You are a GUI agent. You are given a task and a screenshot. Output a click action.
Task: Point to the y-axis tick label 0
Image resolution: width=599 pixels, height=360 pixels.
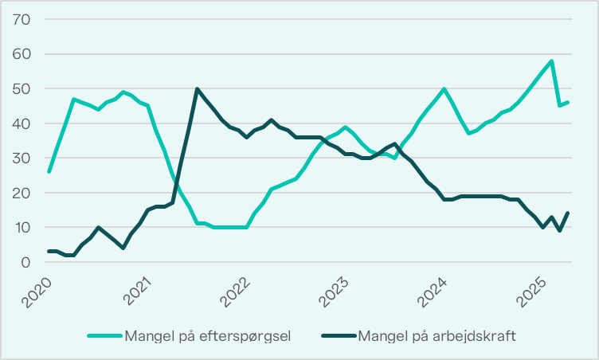coord(25,262)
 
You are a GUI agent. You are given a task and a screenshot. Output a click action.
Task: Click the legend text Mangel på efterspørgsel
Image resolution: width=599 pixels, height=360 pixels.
coord(206,335)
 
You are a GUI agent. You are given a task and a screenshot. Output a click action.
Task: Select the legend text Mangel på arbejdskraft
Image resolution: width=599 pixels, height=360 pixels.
coord(439,335)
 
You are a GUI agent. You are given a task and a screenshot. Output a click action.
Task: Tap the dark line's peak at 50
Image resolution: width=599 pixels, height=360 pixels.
coord(197,89)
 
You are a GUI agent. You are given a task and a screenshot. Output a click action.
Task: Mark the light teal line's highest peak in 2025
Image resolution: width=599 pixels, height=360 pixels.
coord(551,61)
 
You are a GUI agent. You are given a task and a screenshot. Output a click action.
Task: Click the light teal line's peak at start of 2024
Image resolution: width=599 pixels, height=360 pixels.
coord(444,89)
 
